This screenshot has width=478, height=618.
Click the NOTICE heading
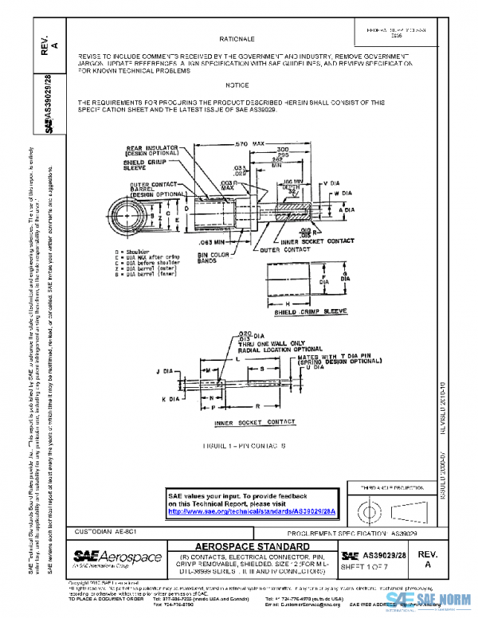[x=237, y=84]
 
